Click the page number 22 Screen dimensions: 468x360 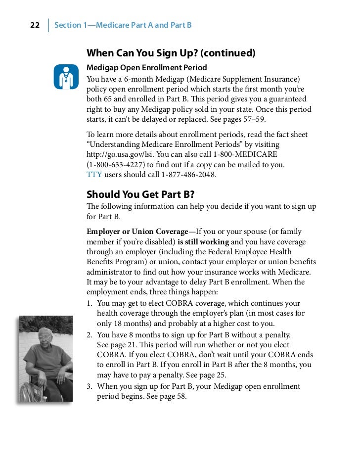pyautogui.click(x=35, y=25)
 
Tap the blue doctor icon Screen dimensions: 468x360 pyautogui.click(x=66, y=77)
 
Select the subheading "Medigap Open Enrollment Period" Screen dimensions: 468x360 pyautogui.click(x=146, y=67)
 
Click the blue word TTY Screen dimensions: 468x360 pyautogui.click(x=94, y=175)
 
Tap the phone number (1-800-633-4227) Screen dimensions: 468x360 pyautogui.click(x=115, y=164)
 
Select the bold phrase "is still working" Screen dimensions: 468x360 pyautogui.click(x=203, y=242)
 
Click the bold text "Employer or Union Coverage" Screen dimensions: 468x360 pyautogui.click(x=137, y=232)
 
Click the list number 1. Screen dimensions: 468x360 pyautogui.click(x=90, y=303)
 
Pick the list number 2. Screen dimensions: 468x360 pyautogui.click(x=90, y=335)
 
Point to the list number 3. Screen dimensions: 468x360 pyautogui.click(x=90, y=386)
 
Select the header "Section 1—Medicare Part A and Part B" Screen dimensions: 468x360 pyautogui.click(x=123, y=25)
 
